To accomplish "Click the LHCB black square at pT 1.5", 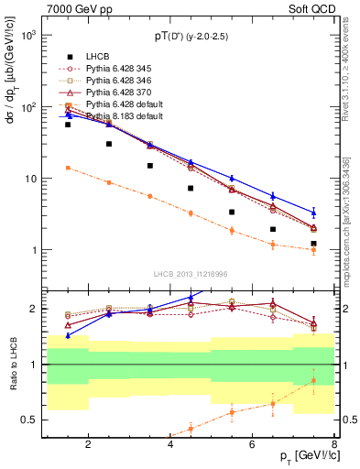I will [68, 125].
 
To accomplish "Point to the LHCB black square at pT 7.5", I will [313, 244].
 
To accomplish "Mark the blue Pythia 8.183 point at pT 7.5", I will [313, 212].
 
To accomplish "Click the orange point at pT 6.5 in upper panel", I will [272, 244].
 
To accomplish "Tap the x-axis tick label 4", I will [170, 445].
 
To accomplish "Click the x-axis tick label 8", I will [334, 445].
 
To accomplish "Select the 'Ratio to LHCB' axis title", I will [12, 365].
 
